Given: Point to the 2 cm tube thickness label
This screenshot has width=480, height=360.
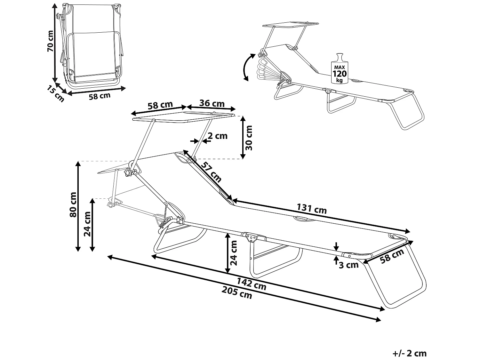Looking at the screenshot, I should [x=217, y=136].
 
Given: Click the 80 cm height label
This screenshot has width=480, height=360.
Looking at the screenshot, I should [x=73, y=205].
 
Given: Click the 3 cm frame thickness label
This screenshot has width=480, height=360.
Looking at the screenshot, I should [x=348, y=265].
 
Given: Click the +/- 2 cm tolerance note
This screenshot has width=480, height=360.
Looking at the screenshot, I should [x=410, y=353].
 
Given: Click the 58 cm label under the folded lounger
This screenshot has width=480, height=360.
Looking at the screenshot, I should [x=100, y=96].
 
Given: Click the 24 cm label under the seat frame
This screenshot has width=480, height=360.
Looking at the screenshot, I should [x=234, y=253].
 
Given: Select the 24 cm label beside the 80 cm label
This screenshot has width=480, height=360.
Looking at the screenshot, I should [x=87, y=224].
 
